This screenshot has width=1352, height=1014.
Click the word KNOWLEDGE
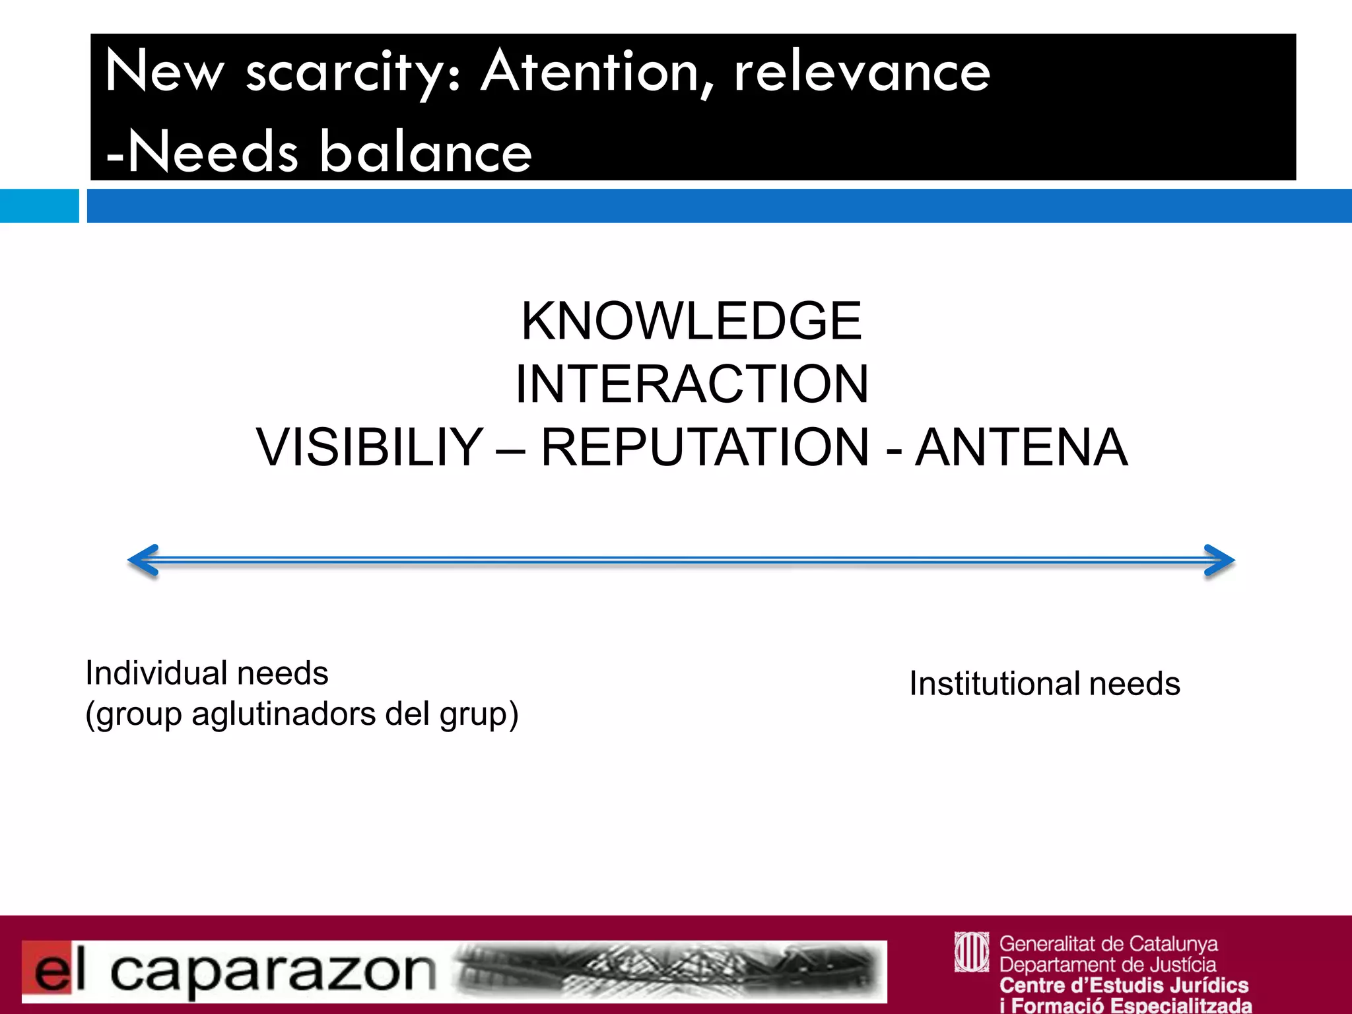pos(691,321)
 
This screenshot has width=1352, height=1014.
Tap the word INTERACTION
pos(691,384)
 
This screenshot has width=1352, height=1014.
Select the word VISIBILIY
pos(370,448)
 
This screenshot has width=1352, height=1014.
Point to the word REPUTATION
pos(705,448)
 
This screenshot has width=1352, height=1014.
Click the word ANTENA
pos(1021,448)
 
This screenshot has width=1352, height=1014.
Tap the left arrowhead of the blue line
pos(143,560)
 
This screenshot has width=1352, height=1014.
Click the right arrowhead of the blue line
pos(1220,560)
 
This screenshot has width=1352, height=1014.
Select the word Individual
pos(156,673)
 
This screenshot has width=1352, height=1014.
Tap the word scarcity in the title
pos(344,73)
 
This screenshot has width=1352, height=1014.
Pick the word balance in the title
pos(426,152)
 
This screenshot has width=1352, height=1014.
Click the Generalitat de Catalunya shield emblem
pos(971,952)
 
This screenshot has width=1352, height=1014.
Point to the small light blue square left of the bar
pos(39,206)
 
